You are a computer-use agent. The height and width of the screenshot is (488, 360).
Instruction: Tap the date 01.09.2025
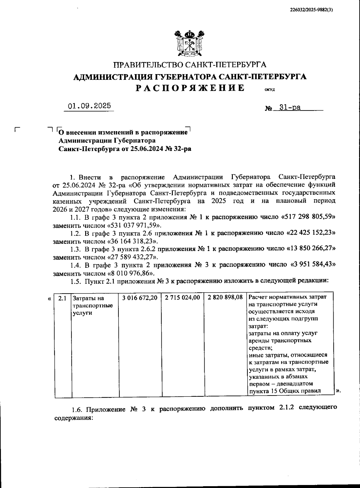pos(89,106)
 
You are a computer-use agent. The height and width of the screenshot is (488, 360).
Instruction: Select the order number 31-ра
pos(290,107)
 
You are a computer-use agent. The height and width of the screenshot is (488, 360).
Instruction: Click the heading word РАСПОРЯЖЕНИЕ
pos(190,88)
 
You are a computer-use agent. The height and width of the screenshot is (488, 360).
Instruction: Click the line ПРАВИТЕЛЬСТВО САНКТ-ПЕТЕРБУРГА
pos(190,65)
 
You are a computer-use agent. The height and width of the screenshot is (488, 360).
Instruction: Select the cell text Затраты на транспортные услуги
pos(93,306)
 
